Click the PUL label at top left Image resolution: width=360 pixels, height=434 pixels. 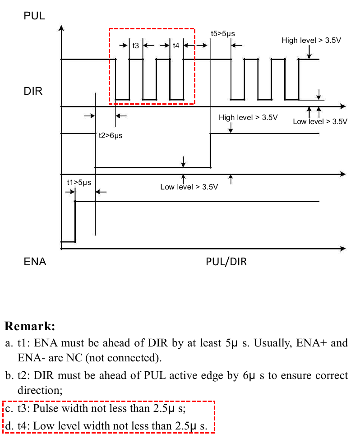pos(34,16)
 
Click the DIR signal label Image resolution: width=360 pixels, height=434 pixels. pos(33,92)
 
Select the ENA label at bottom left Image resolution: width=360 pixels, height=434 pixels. pos(35,262)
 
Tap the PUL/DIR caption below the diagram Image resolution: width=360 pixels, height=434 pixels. pos(226,262)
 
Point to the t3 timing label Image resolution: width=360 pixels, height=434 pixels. pos(136,46)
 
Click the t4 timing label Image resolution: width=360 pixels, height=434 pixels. pos(176,46)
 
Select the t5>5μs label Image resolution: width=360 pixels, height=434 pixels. pos(223,33)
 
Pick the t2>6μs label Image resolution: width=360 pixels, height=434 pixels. pos(110,135)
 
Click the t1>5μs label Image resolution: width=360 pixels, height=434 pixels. pos(79,182)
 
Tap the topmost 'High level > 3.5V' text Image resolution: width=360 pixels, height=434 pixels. pos(311,41)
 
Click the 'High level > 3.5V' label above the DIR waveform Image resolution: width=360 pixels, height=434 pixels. pos(248,118)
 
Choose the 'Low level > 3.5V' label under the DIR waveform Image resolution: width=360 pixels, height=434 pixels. pos(189,187)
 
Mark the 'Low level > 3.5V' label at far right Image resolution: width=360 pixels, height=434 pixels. pos(320,121)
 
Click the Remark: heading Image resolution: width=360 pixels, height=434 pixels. pos(30,326)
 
